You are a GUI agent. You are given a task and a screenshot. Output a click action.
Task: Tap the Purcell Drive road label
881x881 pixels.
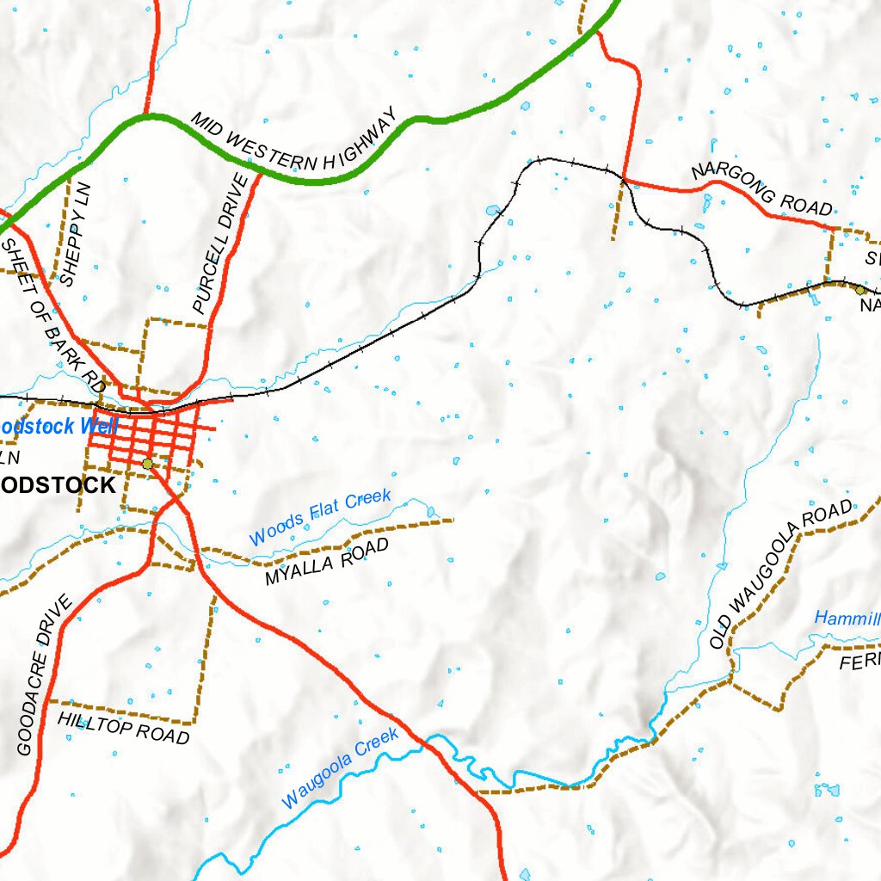pyautogui.click(x=220, y=243)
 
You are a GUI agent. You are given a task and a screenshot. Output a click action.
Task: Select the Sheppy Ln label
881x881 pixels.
pyautogui.click(x=75, y=233)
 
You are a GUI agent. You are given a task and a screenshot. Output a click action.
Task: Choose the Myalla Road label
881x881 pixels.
pyautogui.click(x=327, y=563)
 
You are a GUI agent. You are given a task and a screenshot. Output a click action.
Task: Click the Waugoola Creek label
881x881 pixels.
pyautogui.click(x=341, y=767)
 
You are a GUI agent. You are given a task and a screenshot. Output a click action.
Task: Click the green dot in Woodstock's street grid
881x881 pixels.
pyautogui.click(x=147, y=464)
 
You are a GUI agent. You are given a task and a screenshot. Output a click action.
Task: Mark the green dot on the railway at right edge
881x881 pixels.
pyautogui.click(x=859, y=290)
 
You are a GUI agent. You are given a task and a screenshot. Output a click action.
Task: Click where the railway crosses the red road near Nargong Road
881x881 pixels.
pyautogui.click(x=621, y=178)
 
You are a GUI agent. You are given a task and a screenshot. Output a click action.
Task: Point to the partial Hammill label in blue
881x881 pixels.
pyautogui.click(x=847, y=618)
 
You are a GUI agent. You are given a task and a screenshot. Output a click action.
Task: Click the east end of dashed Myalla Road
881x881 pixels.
pyautogui.click(x=451, y=520)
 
